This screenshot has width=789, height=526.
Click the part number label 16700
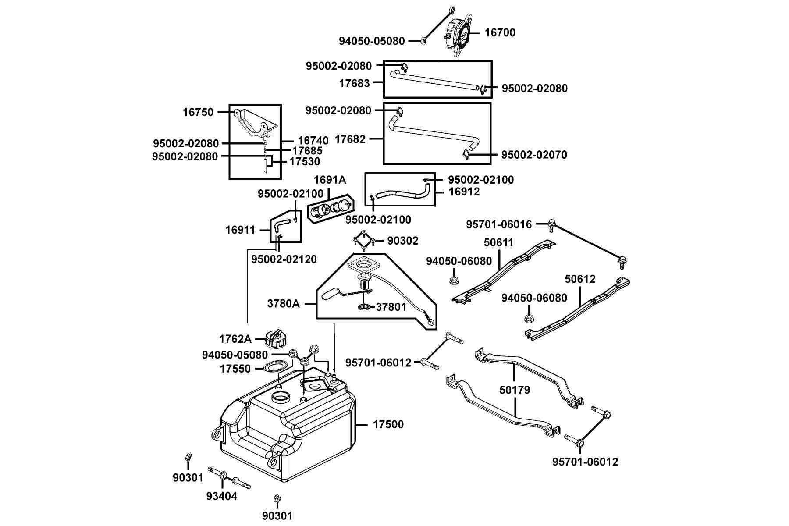point(500,32)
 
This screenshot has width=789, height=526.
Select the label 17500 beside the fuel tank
point(388,424)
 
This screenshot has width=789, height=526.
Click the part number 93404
point(222,496)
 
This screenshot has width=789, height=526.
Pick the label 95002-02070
point(534,155)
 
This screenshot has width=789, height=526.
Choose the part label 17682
point(350,139)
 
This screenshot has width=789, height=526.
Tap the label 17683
point(355,83)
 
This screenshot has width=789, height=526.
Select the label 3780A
point(284,303)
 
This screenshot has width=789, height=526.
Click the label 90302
point(403,241)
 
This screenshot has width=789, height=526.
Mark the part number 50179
point(515,390)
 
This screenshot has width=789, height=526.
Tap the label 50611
point(499,242)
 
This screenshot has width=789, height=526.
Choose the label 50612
point(580,279)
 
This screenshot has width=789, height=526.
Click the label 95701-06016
point(499,224)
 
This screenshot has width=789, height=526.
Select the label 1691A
point(330,180)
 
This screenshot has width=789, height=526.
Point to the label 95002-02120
point(284,259)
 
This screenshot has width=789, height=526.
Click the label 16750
point(198,112)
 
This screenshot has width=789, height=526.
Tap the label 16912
point(464,192)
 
